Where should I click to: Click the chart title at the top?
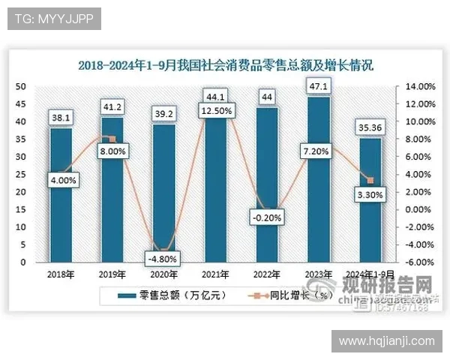(x=225, y=66)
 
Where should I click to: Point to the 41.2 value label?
(x=112, y=106)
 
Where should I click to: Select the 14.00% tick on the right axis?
(x=420, y=86)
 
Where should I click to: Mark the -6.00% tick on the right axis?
(x=420, y=262)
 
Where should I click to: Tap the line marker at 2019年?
(x=112, y=139)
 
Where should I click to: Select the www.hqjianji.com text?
(x=386, y=341)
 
